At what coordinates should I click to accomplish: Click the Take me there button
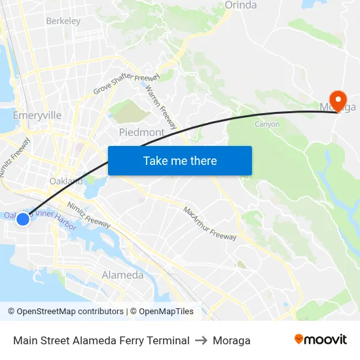point(180,160)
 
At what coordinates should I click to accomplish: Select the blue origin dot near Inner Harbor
point(22,219)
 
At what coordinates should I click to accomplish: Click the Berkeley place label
point(63,21)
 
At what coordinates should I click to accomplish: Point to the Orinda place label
point(241,5)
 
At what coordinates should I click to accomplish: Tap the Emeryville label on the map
point(37,115)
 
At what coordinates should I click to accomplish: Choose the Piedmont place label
point(141,132)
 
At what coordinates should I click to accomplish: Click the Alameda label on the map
point(122,275)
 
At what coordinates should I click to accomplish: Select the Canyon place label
point(267,124)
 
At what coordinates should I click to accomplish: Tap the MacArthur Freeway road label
point(209,223)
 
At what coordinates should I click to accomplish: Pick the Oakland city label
point(66,181)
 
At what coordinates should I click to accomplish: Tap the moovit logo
point(320,339)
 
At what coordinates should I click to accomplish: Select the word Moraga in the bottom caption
point(232,340)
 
